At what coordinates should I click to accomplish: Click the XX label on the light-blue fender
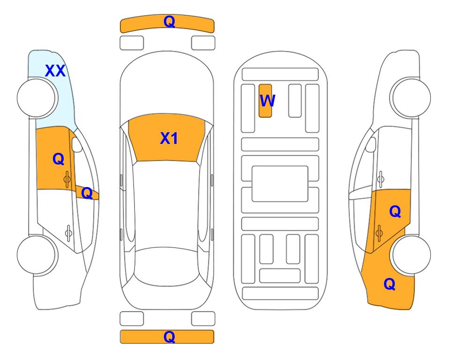[55, 71]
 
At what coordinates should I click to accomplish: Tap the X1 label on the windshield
[169, 138]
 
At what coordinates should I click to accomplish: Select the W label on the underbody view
[267, 101]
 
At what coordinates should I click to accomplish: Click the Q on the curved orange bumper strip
[169, 22]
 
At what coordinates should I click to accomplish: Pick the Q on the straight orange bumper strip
[169, 337]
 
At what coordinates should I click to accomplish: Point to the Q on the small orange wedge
[87, 193]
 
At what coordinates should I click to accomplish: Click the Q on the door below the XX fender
[59, 159]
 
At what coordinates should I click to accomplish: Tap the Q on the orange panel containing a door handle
[395, 212]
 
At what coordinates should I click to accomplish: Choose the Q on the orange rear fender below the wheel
[390, 284]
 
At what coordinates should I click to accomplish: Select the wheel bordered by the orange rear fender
[411, 255]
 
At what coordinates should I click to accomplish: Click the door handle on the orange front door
[67, 179]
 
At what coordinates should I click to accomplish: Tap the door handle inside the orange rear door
[379, 233]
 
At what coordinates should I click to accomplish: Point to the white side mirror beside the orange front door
[77, 144]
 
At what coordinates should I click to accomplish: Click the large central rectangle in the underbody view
[280, 184]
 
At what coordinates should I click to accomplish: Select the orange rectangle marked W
[265, 101]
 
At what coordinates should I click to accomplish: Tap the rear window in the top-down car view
[167, 267]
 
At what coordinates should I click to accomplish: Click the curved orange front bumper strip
[167, 23]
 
